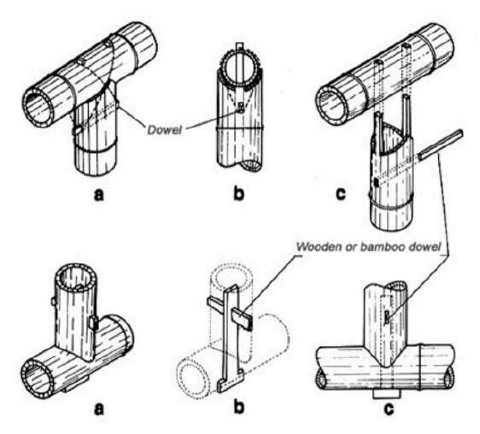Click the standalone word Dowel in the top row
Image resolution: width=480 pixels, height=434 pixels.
click(x=164, y=130)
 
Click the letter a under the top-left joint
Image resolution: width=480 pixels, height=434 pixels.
click(x=98, y=194)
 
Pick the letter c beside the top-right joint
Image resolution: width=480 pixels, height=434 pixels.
click(x=341, y=194)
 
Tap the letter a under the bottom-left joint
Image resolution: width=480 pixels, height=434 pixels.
click(x=98, y=409)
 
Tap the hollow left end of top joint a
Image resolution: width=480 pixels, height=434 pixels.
click(x=38, y=106)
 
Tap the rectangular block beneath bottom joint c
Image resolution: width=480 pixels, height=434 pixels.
click(x=386, y=394)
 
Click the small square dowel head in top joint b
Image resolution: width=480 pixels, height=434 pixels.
click(x=242, y=107)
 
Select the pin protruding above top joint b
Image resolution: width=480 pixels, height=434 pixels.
click(x=241, y=46)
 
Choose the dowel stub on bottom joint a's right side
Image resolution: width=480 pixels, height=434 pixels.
click(x=94, y=324)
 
